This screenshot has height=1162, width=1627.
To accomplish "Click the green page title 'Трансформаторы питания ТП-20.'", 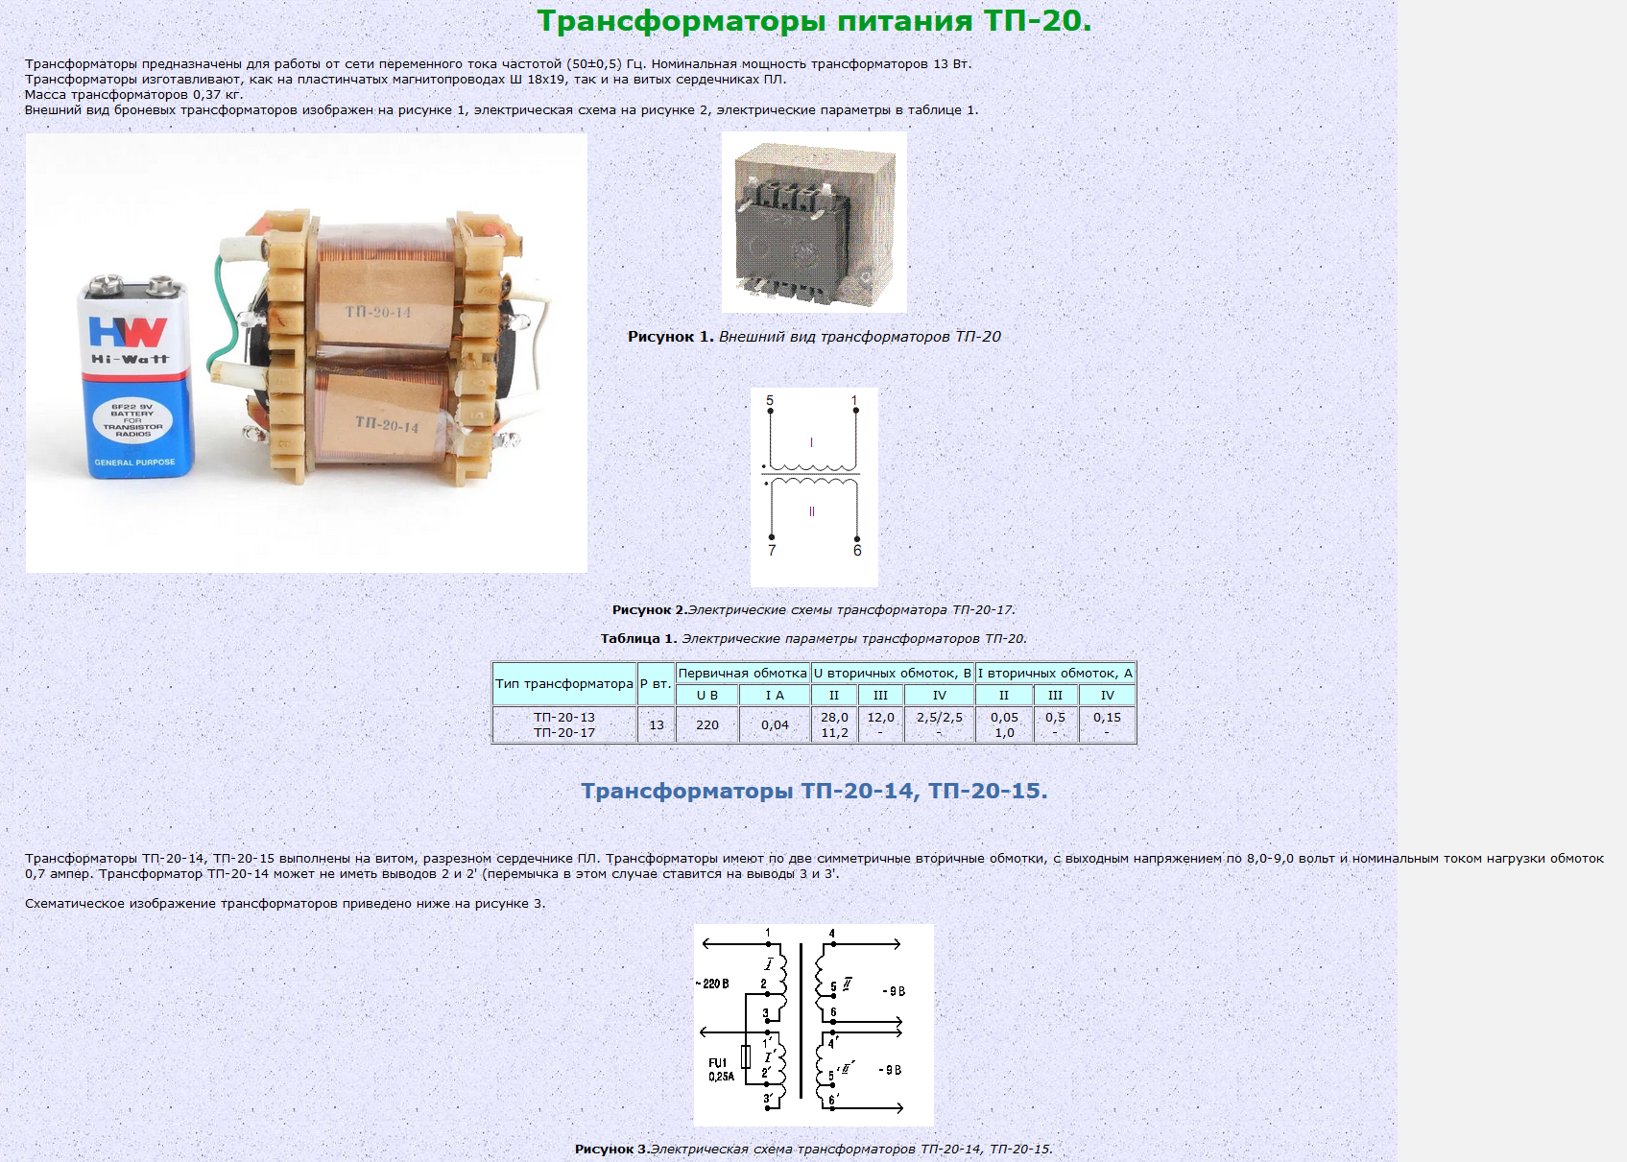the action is click(x=814, y=22).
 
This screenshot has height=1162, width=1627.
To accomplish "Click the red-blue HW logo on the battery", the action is click(x=128, y=332).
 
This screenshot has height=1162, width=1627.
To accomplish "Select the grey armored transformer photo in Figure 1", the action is click(x=814, y=223).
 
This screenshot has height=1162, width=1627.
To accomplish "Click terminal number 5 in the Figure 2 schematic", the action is click(x=770, y=400).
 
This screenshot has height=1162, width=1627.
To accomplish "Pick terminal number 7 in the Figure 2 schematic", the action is click(x=772, y=551).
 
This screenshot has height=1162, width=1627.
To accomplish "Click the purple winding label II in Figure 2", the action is click(x=811, y=511).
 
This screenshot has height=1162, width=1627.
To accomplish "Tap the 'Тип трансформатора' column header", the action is click(x=564, y=683).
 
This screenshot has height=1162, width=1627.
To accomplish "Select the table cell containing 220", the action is click(x=707, y=724).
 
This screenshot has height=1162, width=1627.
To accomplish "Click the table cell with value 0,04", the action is click(x=775, y=724).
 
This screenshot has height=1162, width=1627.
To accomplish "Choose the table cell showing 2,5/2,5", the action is click(x=939, y=718).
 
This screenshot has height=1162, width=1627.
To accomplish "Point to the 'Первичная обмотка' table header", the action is click(x=742, y=674).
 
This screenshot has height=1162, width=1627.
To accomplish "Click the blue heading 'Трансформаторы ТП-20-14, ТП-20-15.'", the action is click(x=814, y=790).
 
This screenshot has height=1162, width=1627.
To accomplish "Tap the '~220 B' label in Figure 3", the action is click(x=712, y=984).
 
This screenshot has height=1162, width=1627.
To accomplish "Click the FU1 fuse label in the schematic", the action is click(x=718, y=1063).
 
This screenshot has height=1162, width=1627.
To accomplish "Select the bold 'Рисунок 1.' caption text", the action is click(x=671, y=336).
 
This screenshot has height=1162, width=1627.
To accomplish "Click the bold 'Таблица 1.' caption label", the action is click(x=638, y=638).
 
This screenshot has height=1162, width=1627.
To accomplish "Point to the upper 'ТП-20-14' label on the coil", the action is click(x=377, y=312).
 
